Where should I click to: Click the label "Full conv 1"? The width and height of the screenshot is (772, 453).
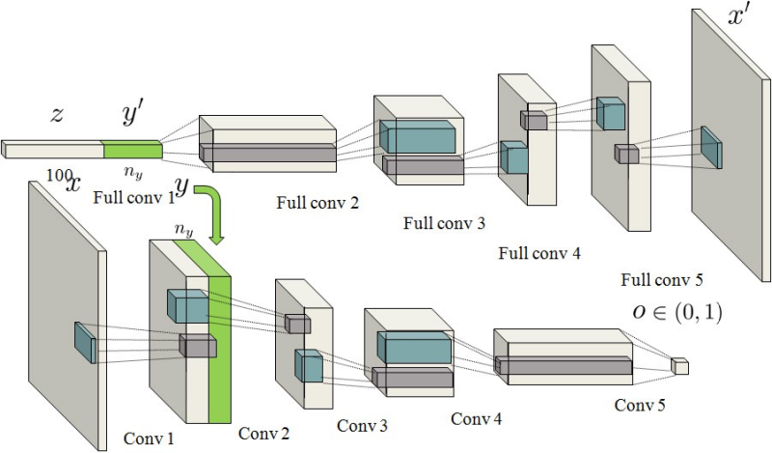(135, 199)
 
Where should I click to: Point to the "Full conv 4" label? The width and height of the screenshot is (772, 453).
(539, 254)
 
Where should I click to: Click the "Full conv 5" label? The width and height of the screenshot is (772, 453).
(663, 281)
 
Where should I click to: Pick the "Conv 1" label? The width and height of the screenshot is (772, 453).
(151, 438)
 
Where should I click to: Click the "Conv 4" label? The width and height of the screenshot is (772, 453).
(477, 418)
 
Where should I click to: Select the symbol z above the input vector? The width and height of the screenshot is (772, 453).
(57, 115)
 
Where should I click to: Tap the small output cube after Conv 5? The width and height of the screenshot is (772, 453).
(680, 366)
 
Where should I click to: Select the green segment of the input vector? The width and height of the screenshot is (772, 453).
(133, 150)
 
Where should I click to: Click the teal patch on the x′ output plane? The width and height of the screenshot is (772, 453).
(711, 147)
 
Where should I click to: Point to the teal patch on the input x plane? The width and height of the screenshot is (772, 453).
(85, 342)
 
